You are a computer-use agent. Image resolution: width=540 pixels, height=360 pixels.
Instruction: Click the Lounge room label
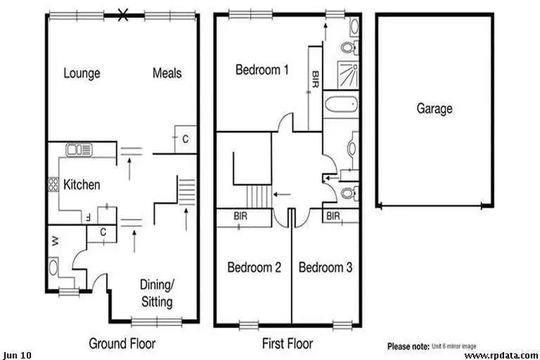tap(81, 73)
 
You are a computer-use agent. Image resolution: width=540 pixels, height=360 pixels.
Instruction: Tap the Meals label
tap(166, 73)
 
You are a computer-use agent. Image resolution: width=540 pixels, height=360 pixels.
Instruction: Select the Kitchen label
tap(81, 185)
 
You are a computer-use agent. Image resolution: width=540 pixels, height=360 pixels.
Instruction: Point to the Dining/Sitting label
tap(156, 290)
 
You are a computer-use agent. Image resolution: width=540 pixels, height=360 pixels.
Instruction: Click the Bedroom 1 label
tap(262, 70)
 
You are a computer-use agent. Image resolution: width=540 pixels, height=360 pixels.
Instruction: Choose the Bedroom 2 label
tap(254, 268)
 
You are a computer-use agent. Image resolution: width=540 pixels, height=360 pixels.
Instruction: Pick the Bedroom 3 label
tap(325, 268)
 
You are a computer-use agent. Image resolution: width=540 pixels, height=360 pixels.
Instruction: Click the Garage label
tap(434, 109)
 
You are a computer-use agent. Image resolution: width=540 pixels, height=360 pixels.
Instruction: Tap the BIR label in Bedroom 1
tap(315, 79)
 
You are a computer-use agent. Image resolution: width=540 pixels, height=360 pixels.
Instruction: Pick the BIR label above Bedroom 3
tap(333, 215)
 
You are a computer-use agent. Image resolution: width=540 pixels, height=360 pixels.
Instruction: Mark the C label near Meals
tap(185, 138)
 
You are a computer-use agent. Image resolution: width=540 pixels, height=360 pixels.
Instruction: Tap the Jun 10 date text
tap(17, 355)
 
